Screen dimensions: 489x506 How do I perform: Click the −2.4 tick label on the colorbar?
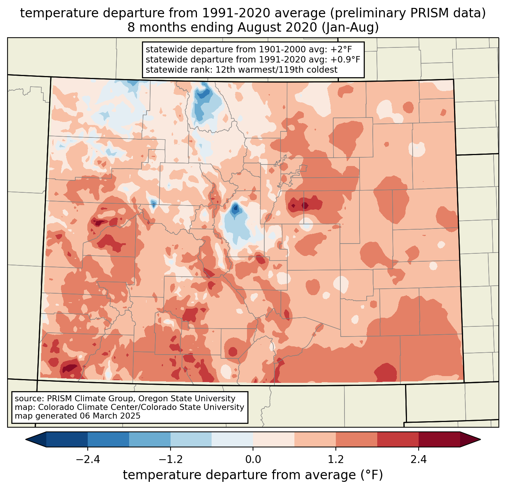click(87, 460)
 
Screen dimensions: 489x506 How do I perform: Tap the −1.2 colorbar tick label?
click(170, 460)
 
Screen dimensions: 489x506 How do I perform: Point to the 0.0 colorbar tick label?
click(253, 460)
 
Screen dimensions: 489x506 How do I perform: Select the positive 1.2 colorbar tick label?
click(336, 460)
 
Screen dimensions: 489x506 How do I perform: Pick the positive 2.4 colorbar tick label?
click(418, 460)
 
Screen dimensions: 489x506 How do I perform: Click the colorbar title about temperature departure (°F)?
click(253, 475)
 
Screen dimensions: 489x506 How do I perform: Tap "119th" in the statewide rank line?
click(293, 70)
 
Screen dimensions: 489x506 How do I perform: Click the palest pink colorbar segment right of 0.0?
click(274, 439)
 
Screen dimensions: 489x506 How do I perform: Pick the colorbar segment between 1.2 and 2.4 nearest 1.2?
click(357, 439)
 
